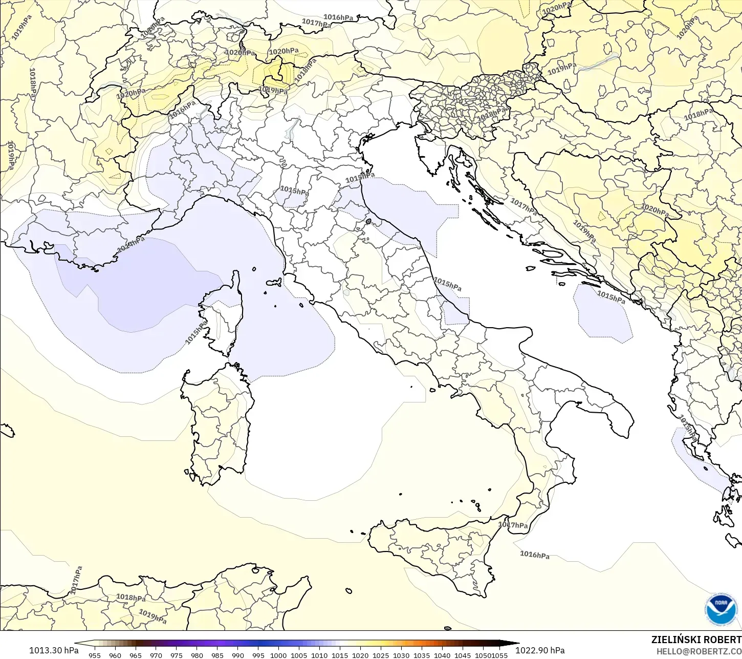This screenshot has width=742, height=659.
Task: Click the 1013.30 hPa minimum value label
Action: coord(54,650)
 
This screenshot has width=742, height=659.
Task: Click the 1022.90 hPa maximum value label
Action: coord(539,650)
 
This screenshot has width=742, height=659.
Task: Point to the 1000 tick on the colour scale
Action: coord(278,655)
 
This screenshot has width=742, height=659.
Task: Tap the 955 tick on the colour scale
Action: coord(95,655)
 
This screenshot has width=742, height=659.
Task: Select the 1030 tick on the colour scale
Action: coord(401,655)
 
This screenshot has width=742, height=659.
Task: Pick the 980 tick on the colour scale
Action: coord(197,655)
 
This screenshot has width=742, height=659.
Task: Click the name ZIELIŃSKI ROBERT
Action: coord(696,640)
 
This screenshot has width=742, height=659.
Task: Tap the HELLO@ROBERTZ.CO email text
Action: coord(699,651)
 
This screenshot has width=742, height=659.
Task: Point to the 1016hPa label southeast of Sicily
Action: coord(535,555)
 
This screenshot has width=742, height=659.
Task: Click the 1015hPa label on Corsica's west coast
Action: coord(196,333)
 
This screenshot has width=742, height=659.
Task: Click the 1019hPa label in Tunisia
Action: coord(152,617)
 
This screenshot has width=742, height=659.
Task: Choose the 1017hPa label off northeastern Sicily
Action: coord(513,525)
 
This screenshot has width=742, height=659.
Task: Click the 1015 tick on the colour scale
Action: coord(340,655)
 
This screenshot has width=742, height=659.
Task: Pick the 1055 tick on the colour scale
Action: coord(500,655)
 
